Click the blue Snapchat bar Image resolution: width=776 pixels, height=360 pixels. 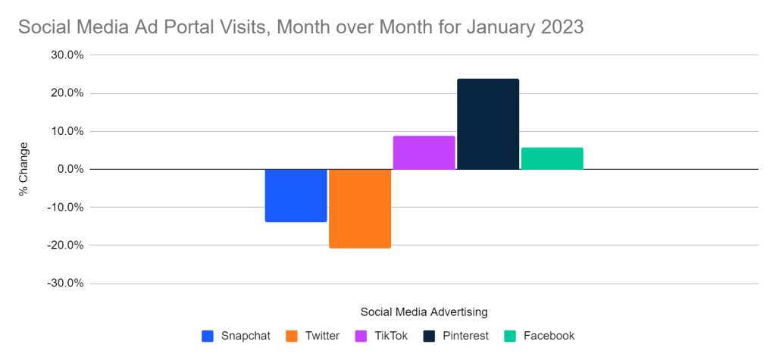pyautogui.click(x=296, y=195)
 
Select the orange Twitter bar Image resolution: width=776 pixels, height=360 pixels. pyautogui.click(x=360, y=208)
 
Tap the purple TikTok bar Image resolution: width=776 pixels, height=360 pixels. pyautogui.click(x=424, y=152)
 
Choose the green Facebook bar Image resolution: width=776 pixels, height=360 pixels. pyautogui.click(x=552, y=158)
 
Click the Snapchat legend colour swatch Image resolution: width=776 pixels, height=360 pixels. pyautogui.click(x=208, y=336)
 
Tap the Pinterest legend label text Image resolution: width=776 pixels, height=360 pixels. pyautogui.click(x=466, y=336)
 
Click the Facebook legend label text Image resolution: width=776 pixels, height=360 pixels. pyautogui.click(x=549, y=336)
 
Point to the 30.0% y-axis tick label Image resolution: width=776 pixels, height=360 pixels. pyautogui.click(x=67, y=55)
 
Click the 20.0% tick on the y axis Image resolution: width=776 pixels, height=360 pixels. pyautogui.click(x=67, y=93)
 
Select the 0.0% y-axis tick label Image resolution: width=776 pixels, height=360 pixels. pyautogui.click(x=70, y=169)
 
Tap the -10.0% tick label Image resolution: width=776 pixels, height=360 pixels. pyautogui.click(x=65, y=207)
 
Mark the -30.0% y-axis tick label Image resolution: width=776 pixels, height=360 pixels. pyautogui.click(x=65, y=283)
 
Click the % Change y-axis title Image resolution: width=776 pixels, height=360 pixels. pyautogui.click(x=23, y=169)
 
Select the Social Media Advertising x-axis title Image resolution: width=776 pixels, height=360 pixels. pyautogui.click(x=424, y=311)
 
